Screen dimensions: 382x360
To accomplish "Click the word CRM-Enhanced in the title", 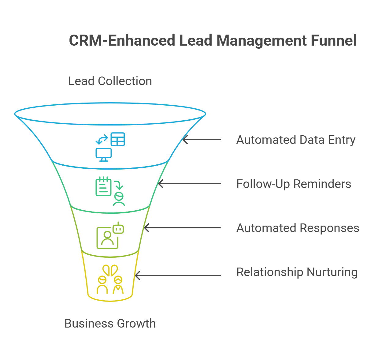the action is point(122,40).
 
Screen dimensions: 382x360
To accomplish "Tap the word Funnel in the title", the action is point(334,40).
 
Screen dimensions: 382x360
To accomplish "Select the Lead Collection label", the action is point(110,81).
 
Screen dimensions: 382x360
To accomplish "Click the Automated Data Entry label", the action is point(296,140).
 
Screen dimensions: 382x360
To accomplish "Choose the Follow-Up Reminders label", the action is point(294,184).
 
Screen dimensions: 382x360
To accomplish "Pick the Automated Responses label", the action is point(298,228).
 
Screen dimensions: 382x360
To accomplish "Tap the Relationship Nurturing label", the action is point(297,272).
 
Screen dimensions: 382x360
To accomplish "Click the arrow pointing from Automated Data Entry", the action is point(202,140).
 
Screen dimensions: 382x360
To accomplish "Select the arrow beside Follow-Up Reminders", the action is point(189,184).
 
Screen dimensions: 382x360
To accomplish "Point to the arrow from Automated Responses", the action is point(182,228).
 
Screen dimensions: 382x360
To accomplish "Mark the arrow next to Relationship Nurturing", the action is point(178,276).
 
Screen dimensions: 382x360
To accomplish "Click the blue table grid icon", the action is point(118,139).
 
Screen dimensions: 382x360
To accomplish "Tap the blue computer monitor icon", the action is point(104,155).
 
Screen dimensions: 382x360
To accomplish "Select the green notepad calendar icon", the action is point(103,186).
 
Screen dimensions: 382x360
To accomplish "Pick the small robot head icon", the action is point(118,228).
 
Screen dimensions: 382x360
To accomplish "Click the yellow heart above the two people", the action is point(110,270).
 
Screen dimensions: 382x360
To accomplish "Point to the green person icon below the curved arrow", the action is point(119,199).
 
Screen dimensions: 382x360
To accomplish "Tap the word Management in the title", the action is point(261,40).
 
